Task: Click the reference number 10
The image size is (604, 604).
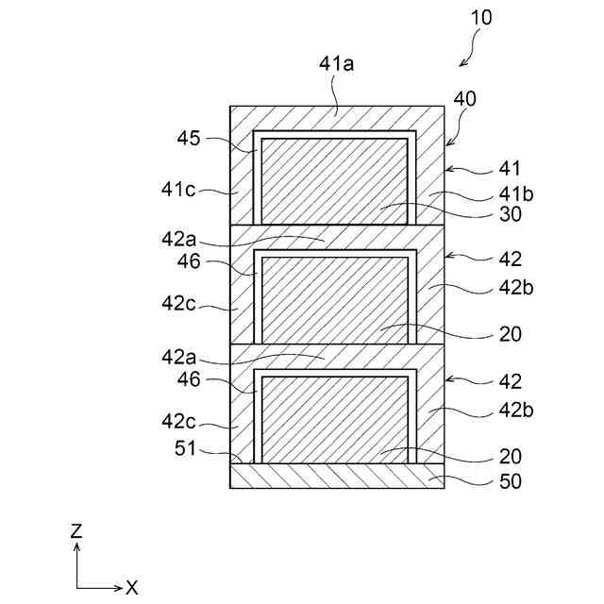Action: [478, 17]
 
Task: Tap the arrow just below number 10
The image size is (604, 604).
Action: [463, 61]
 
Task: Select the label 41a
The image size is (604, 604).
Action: [337, 65]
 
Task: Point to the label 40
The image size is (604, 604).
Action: [465, 98]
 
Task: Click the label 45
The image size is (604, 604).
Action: [189, 140]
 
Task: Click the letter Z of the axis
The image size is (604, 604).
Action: [77, 532]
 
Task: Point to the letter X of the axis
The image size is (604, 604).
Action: [132, 588]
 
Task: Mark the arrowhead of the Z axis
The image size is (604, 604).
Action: [77, 545]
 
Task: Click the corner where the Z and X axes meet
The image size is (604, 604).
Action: [77, 587]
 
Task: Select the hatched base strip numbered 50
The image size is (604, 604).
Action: [337, 476]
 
